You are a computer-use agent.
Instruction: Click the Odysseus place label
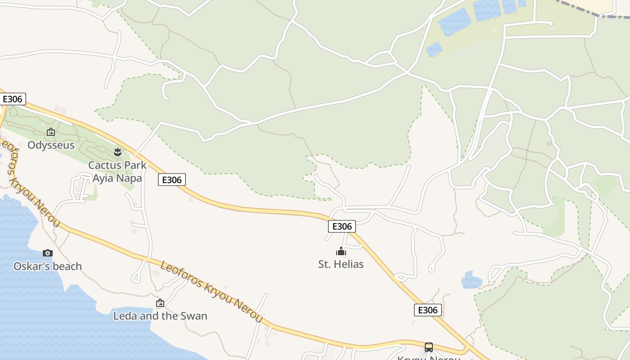click(51, 145)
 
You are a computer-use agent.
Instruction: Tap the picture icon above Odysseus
click(51, 132)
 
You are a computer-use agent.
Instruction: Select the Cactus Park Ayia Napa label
click(117, 171)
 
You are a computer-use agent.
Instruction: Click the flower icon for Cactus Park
click(118, 152)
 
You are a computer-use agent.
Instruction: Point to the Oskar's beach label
click(48, 266)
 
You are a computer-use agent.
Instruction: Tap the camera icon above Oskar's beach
click(48, 253)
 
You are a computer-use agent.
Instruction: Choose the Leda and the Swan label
click(160, 316)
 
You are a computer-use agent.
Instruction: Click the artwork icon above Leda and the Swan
click(160, 303)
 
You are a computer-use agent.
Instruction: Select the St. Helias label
click(341, 264)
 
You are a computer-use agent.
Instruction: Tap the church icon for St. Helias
click(341, 251)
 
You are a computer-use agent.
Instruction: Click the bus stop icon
click(428, 347)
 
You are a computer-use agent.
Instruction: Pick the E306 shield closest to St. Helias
click(342, 226)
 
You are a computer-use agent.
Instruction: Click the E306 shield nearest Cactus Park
click(172, 180)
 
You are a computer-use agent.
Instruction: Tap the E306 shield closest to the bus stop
click(427, 310)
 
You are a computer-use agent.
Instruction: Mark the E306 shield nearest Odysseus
click(13, 99)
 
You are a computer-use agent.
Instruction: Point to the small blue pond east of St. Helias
click(471, 280)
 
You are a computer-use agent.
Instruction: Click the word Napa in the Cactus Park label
click(129, 178)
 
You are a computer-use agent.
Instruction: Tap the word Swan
click(194, 316)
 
